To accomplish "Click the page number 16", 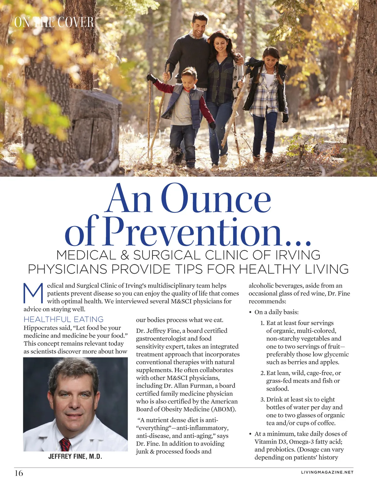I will [x=19, y=473].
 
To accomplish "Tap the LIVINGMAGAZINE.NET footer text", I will [x=327, y=472].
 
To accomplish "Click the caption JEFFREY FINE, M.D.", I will [x=75, y=457].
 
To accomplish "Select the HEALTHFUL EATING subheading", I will [x=63, y=319].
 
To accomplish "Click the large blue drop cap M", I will [x=33, y=293].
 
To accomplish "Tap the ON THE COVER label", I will [x=54, y=22].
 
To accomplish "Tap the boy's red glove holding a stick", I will [x=152, y=78].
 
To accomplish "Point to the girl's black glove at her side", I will [x=285, y=117].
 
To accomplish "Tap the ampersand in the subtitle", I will [x=125, y=255].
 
